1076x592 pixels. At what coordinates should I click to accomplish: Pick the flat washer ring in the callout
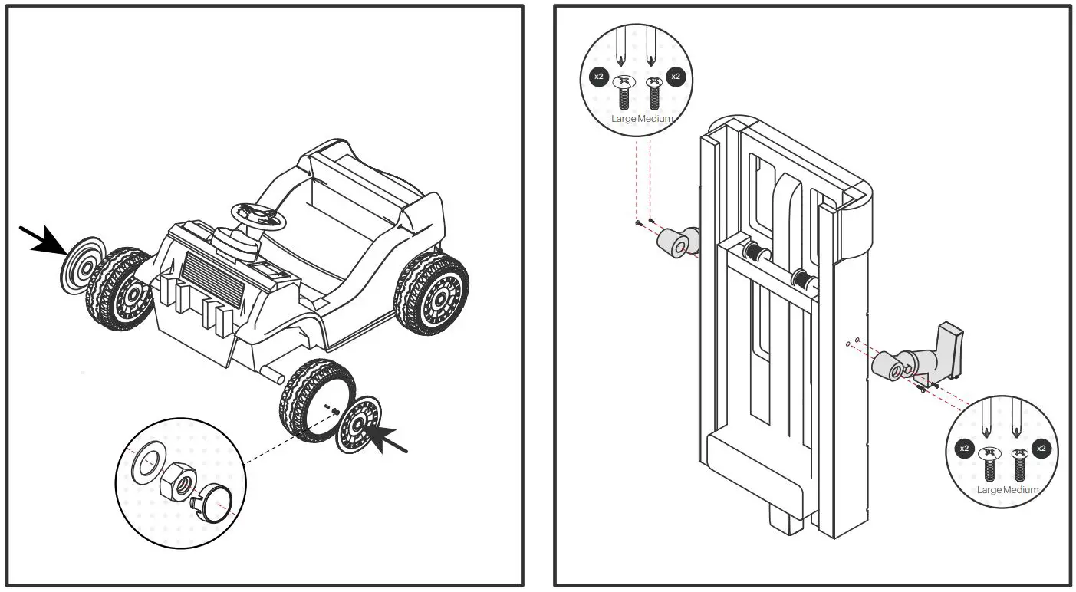(x=146, y=463)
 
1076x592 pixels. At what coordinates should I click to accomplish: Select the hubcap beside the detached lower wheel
(x=360, y=425)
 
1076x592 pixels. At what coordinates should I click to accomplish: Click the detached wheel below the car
(x=317, y=399)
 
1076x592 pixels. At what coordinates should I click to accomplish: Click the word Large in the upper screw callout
(x=624, y=119)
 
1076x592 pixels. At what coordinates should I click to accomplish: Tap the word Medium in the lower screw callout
(x=1022, y=489)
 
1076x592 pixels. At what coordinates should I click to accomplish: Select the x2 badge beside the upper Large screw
(x=599, y=77)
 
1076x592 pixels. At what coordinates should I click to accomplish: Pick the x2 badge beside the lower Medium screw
(x=1041, y=448)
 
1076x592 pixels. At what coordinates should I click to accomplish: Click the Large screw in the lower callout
(x=989, y=465)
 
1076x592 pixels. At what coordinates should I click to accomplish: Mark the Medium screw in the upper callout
(x=653, y=94)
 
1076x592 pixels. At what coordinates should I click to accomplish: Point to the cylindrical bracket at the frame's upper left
(x=676, y=244)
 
